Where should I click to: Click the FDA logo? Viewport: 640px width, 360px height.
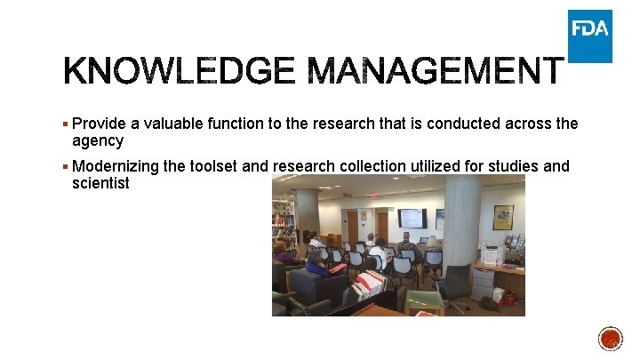pyautogui.click(x=590, y=36)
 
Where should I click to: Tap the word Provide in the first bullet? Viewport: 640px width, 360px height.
pyautogui.click(x=100, y=124)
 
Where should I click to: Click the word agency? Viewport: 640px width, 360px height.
pyautogui.click(x=98, y=140)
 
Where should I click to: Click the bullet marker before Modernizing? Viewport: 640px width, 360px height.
pyautogui.click(x=66, y=165)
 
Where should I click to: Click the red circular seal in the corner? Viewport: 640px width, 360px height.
pyautogui.click(x=611, y=339)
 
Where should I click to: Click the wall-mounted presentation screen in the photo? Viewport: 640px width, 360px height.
pyautogui.click(x=412, y=218)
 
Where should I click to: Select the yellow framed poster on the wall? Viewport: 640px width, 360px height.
pyautogui.click(x=503, y=218)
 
